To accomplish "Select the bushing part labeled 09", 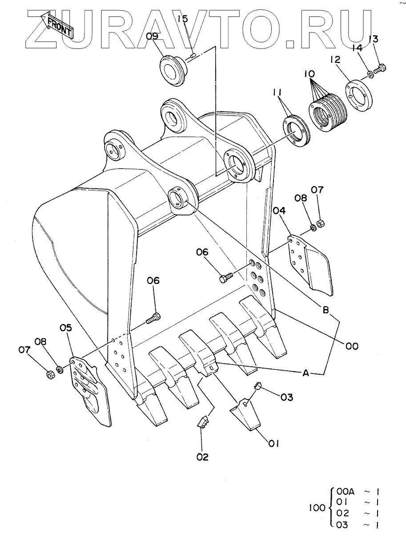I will point(172,69).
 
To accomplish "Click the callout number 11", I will point(278,93).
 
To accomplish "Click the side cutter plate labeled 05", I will point(90,388).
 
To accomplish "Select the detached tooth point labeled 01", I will point(244,415).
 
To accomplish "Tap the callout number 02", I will point(202,457).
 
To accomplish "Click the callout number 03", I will point(287,397).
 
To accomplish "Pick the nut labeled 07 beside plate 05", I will point(50,374).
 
